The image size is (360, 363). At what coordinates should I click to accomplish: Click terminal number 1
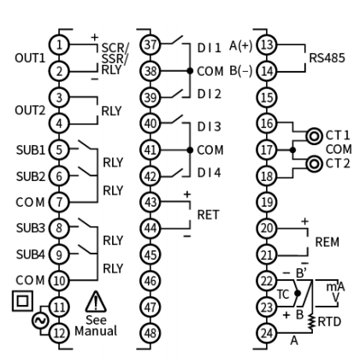point(59,44)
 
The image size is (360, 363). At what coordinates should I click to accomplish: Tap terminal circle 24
point(267,333)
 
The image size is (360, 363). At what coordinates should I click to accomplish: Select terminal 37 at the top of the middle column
point(150,44)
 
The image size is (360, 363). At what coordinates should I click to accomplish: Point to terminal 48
point(150,333)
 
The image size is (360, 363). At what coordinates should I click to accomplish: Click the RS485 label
point(327,58)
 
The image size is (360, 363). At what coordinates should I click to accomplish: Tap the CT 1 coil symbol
point(314,136)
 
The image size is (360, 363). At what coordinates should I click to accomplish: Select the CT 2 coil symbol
point(314,164)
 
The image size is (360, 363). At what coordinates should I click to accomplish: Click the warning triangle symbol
point(96,302)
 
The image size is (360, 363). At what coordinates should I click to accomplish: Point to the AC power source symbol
point(39,320)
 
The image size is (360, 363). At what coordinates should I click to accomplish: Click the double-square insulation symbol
point(22,301)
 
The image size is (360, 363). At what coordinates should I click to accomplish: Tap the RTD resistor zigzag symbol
point(312,322)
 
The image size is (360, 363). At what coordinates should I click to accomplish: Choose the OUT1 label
point(30,58)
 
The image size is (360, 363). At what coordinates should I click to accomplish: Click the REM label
point(328,242)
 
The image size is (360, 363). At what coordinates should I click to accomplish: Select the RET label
point(208,214)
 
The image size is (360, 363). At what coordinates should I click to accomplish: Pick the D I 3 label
point(210,126)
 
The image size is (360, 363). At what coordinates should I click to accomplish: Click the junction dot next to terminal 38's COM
point(190,71)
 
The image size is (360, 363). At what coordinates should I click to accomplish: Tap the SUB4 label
point(31,255)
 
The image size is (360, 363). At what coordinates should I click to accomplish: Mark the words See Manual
point(96,325)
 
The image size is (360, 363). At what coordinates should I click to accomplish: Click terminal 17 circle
point(267,149)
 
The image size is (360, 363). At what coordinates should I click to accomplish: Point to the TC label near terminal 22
point(283,295)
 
